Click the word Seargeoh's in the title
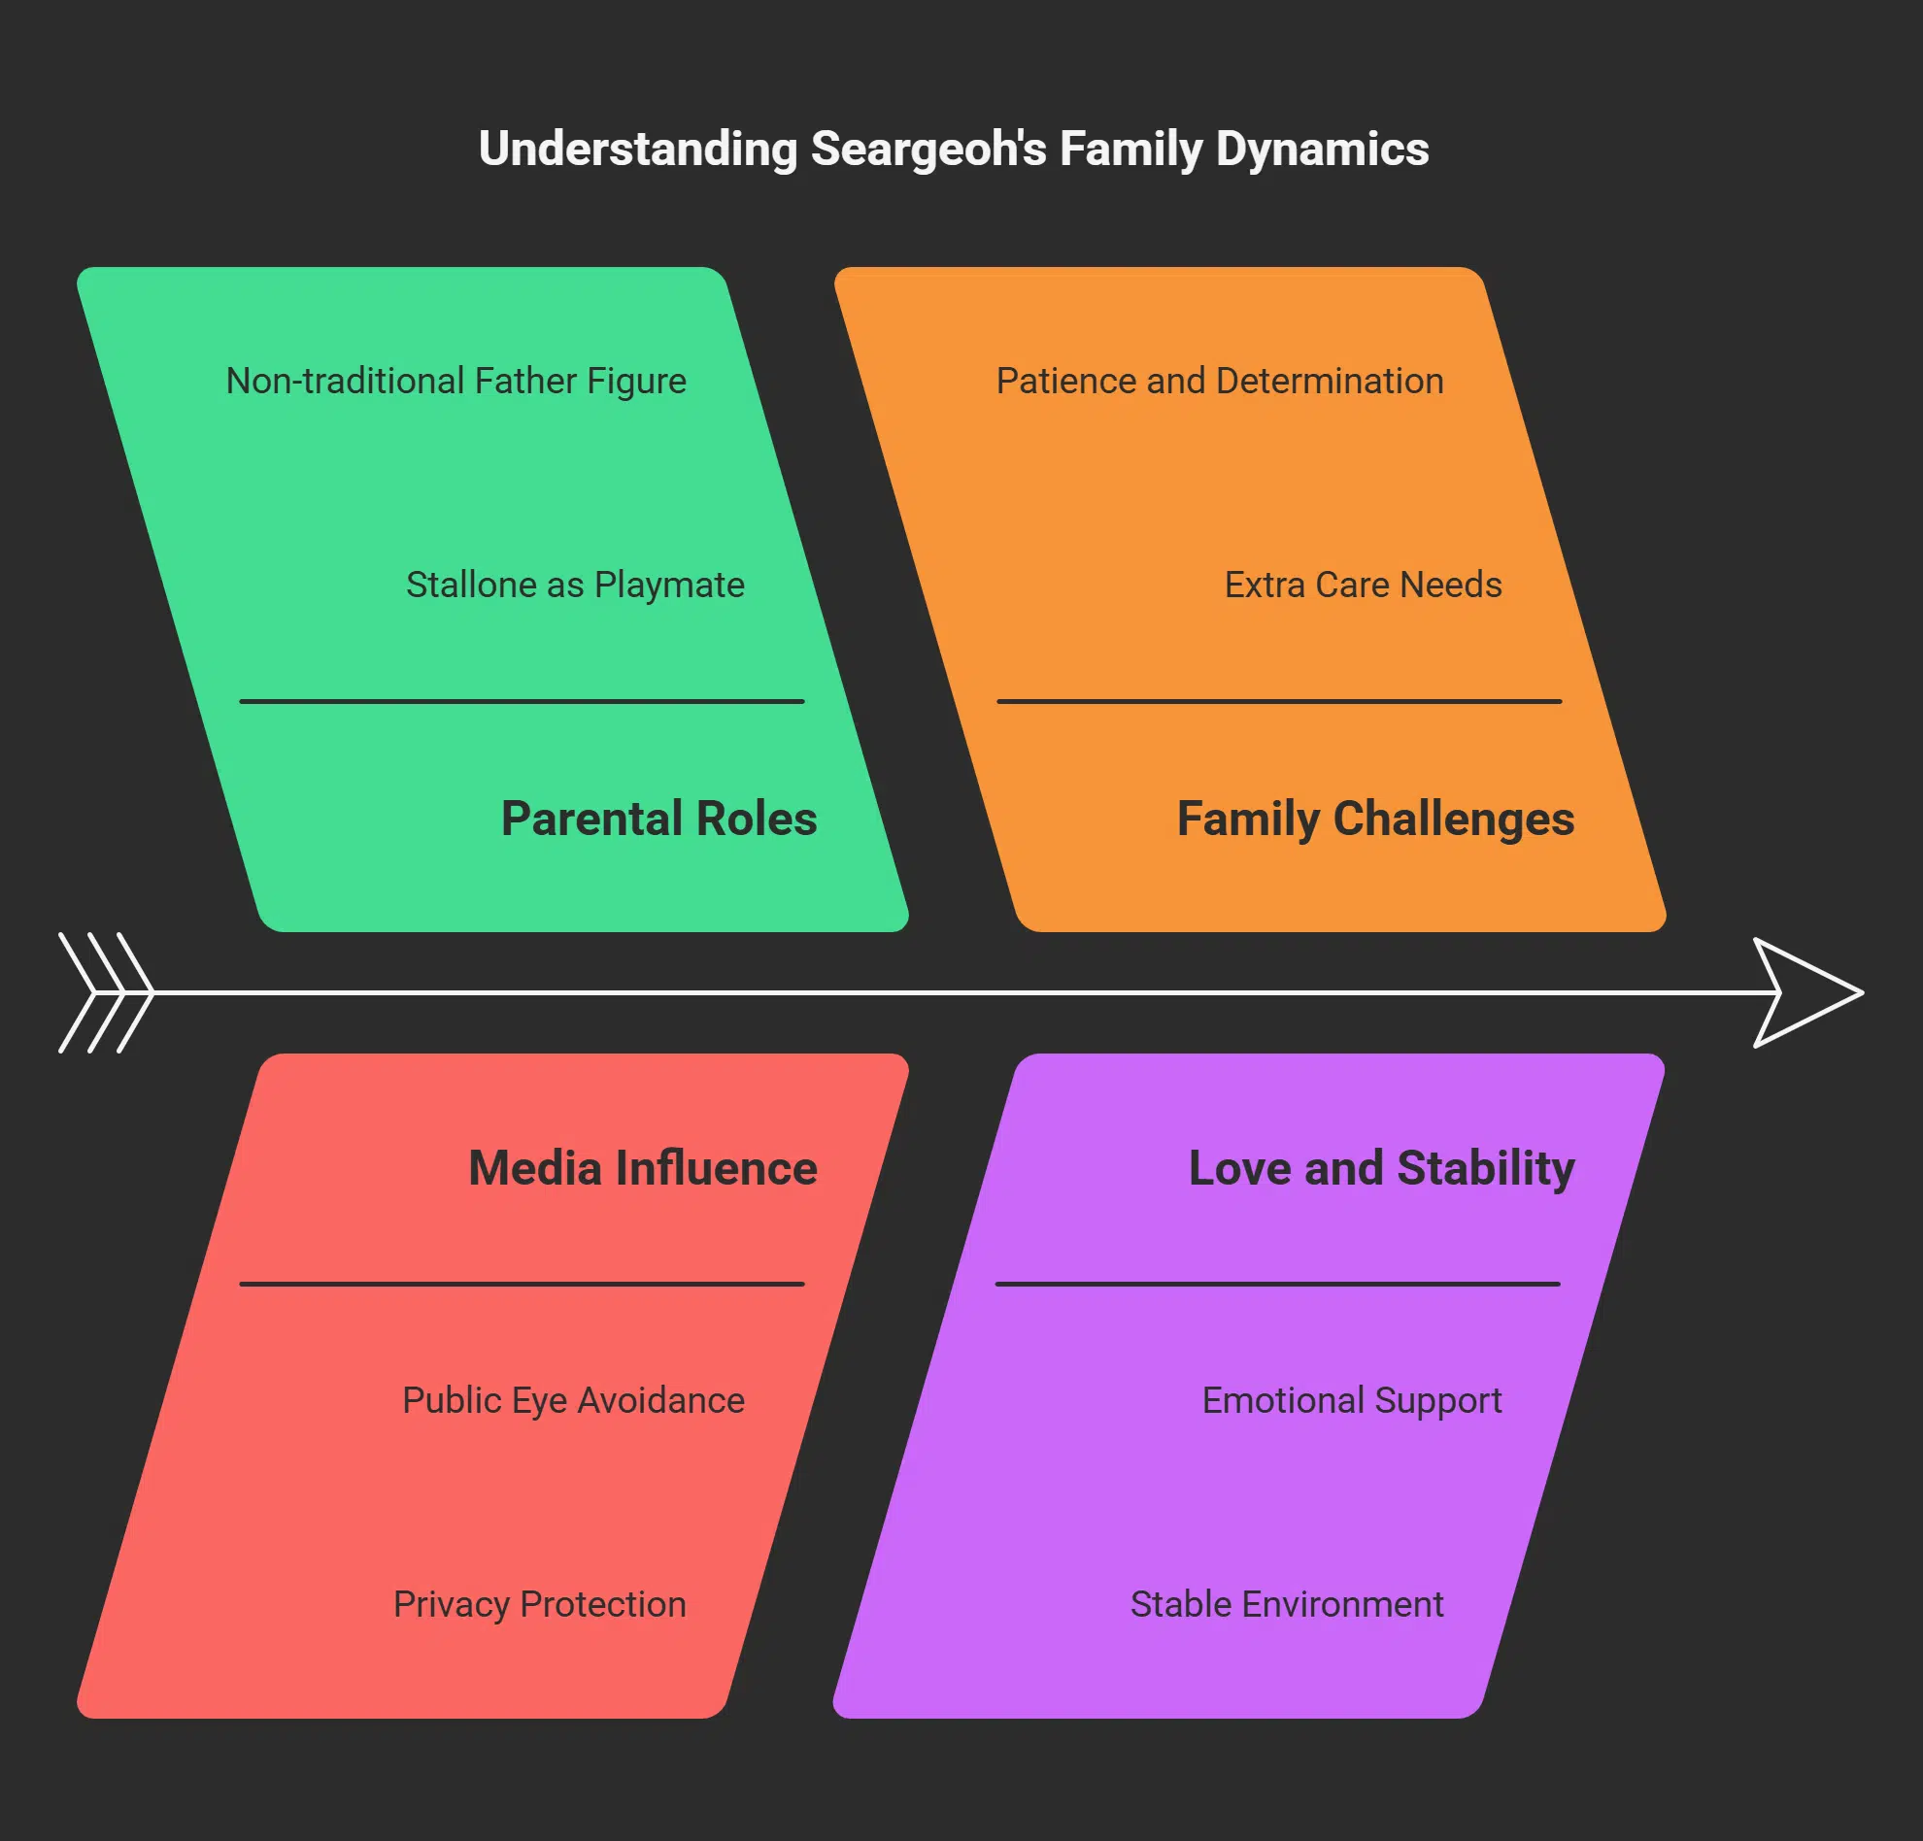pyautogui.click(x=928, y=151)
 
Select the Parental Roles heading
pyautogui.click(x=658, y=818)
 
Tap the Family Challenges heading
pyautogui.click(x=1374, y=818)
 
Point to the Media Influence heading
pyautogui.click(x=643, y=1167)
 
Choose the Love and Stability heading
pyautogui.click(x=1380, y=1167)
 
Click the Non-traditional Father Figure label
pyautogui.click(x=456, y=381)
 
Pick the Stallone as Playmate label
pyautogui.click(x=575, y=585)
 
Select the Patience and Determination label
pyautogui.click(x=1220, y=381)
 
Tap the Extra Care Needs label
pyautogui.click(x=1363, y=585)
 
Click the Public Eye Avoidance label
pyautogui.click(x=573, y=1399)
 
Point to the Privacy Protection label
pyautogui.click(x=540, y=1604)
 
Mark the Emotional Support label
pyautogui.click(x=1351, y=1399)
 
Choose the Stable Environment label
pyautogui.click(x=1286, y=1604)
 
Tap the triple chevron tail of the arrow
pyautogui.click(x=106, y=992)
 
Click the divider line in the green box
pyautogui.click(x=522, y=701)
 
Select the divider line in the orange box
pyautogui.click(x=1278, y=701)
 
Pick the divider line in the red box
pyautogui.click(x=522, y=1283)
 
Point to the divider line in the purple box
pyautogui.click(x=1277, y=1283)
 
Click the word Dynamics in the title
pyautogui.click(x=1322, y=151)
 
